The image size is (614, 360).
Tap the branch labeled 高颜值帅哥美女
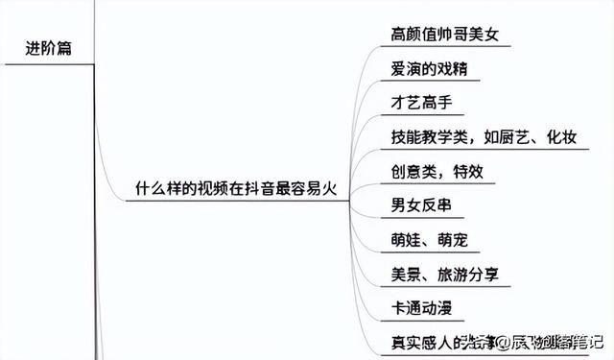click(445, 36)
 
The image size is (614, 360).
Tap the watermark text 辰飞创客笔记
click(552, 342)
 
